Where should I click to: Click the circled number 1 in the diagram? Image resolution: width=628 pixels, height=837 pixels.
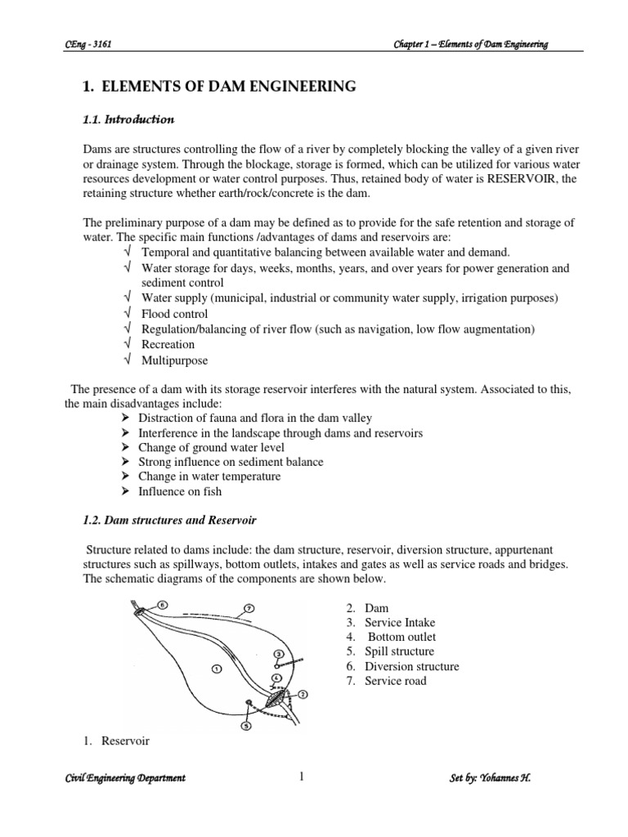tap(216, 668)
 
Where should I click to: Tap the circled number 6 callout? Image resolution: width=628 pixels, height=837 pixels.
tap(162, 605)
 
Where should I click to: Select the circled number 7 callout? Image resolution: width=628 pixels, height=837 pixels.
tap(249, 608)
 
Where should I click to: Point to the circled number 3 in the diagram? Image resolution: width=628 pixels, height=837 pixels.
tap(278, 654)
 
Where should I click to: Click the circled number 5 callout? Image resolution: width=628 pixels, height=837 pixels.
tap(245, 723)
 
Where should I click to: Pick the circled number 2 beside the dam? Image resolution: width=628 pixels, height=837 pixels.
tap(303, 694)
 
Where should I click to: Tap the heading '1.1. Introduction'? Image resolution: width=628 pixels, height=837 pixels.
tap(128, 119)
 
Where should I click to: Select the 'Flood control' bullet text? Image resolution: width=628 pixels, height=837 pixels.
tap(174, 314)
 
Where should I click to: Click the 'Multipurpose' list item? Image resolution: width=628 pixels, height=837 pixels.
tap(174, 360)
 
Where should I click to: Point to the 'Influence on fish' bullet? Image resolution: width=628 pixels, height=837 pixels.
tap(180, 492)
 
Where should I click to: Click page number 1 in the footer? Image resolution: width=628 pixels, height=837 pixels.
tap(301, 777)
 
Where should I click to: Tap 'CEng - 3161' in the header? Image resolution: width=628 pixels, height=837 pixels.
tap(87, 44)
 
